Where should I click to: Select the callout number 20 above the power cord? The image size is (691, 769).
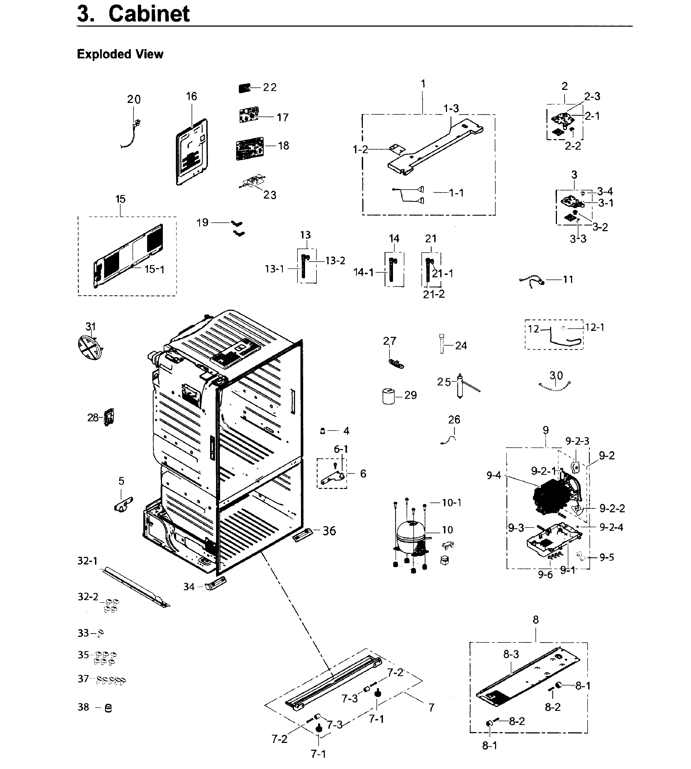pos(134,99)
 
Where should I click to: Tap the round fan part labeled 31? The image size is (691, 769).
pos(89,347)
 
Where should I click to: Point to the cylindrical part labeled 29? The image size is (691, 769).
pos(388,396)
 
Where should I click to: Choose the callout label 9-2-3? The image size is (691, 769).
pos(577,441)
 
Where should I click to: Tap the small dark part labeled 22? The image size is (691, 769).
pos(244,89)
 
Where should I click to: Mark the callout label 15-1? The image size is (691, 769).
pos(154,269)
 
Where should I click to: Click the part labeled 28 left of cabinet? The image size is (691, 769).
pos(109,417)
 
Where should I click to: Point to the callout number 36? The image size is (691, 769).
pos(329,531)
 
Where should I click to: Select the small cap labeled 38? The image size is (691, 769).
pos(108,708)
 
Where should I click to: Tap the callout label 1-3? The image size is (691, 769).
pos(451,109)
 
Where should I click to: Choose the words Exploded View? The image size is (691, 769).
pos(120,54)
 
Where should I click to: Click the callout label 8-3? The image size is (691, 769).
pos(511,654)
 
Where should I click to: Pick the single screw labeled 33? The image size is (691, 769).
pos(101,633)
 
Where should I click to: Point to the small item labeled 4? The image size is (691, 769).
pos(322,431)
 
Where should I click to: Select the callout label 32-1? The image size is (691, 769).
pos(87,561)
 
